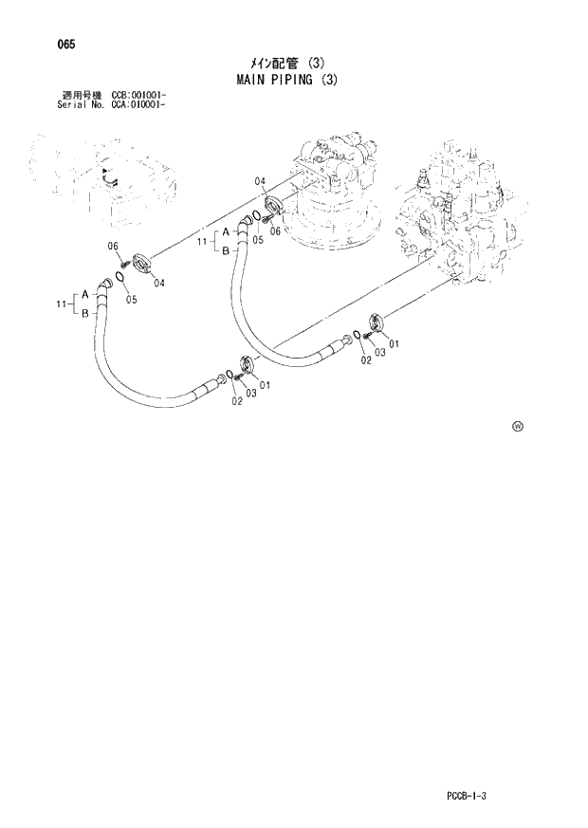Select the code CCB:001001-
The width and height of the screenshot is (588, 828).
pyautogui.click(x=138, y=95)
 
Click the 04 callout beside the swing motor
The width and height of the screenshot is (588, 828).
pyautogui.click(x=259, y=182)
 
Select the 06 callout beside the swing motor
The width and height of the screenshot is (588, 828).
pyautogui.click(x=276, y=230)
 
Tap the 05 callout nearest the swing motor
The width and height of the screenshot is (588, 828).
pyautogui.click(x=257, y=240)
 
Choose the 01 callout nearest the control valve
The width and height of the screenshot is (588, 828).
pyautogui.click(x=393, y=343)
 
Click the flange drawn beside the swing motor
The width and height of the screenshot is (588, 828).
pyautogui.click(x=273, y=206)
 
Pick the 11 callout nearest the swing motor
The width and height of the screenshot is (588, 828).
pyautogui.click(x=201, y=244)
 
